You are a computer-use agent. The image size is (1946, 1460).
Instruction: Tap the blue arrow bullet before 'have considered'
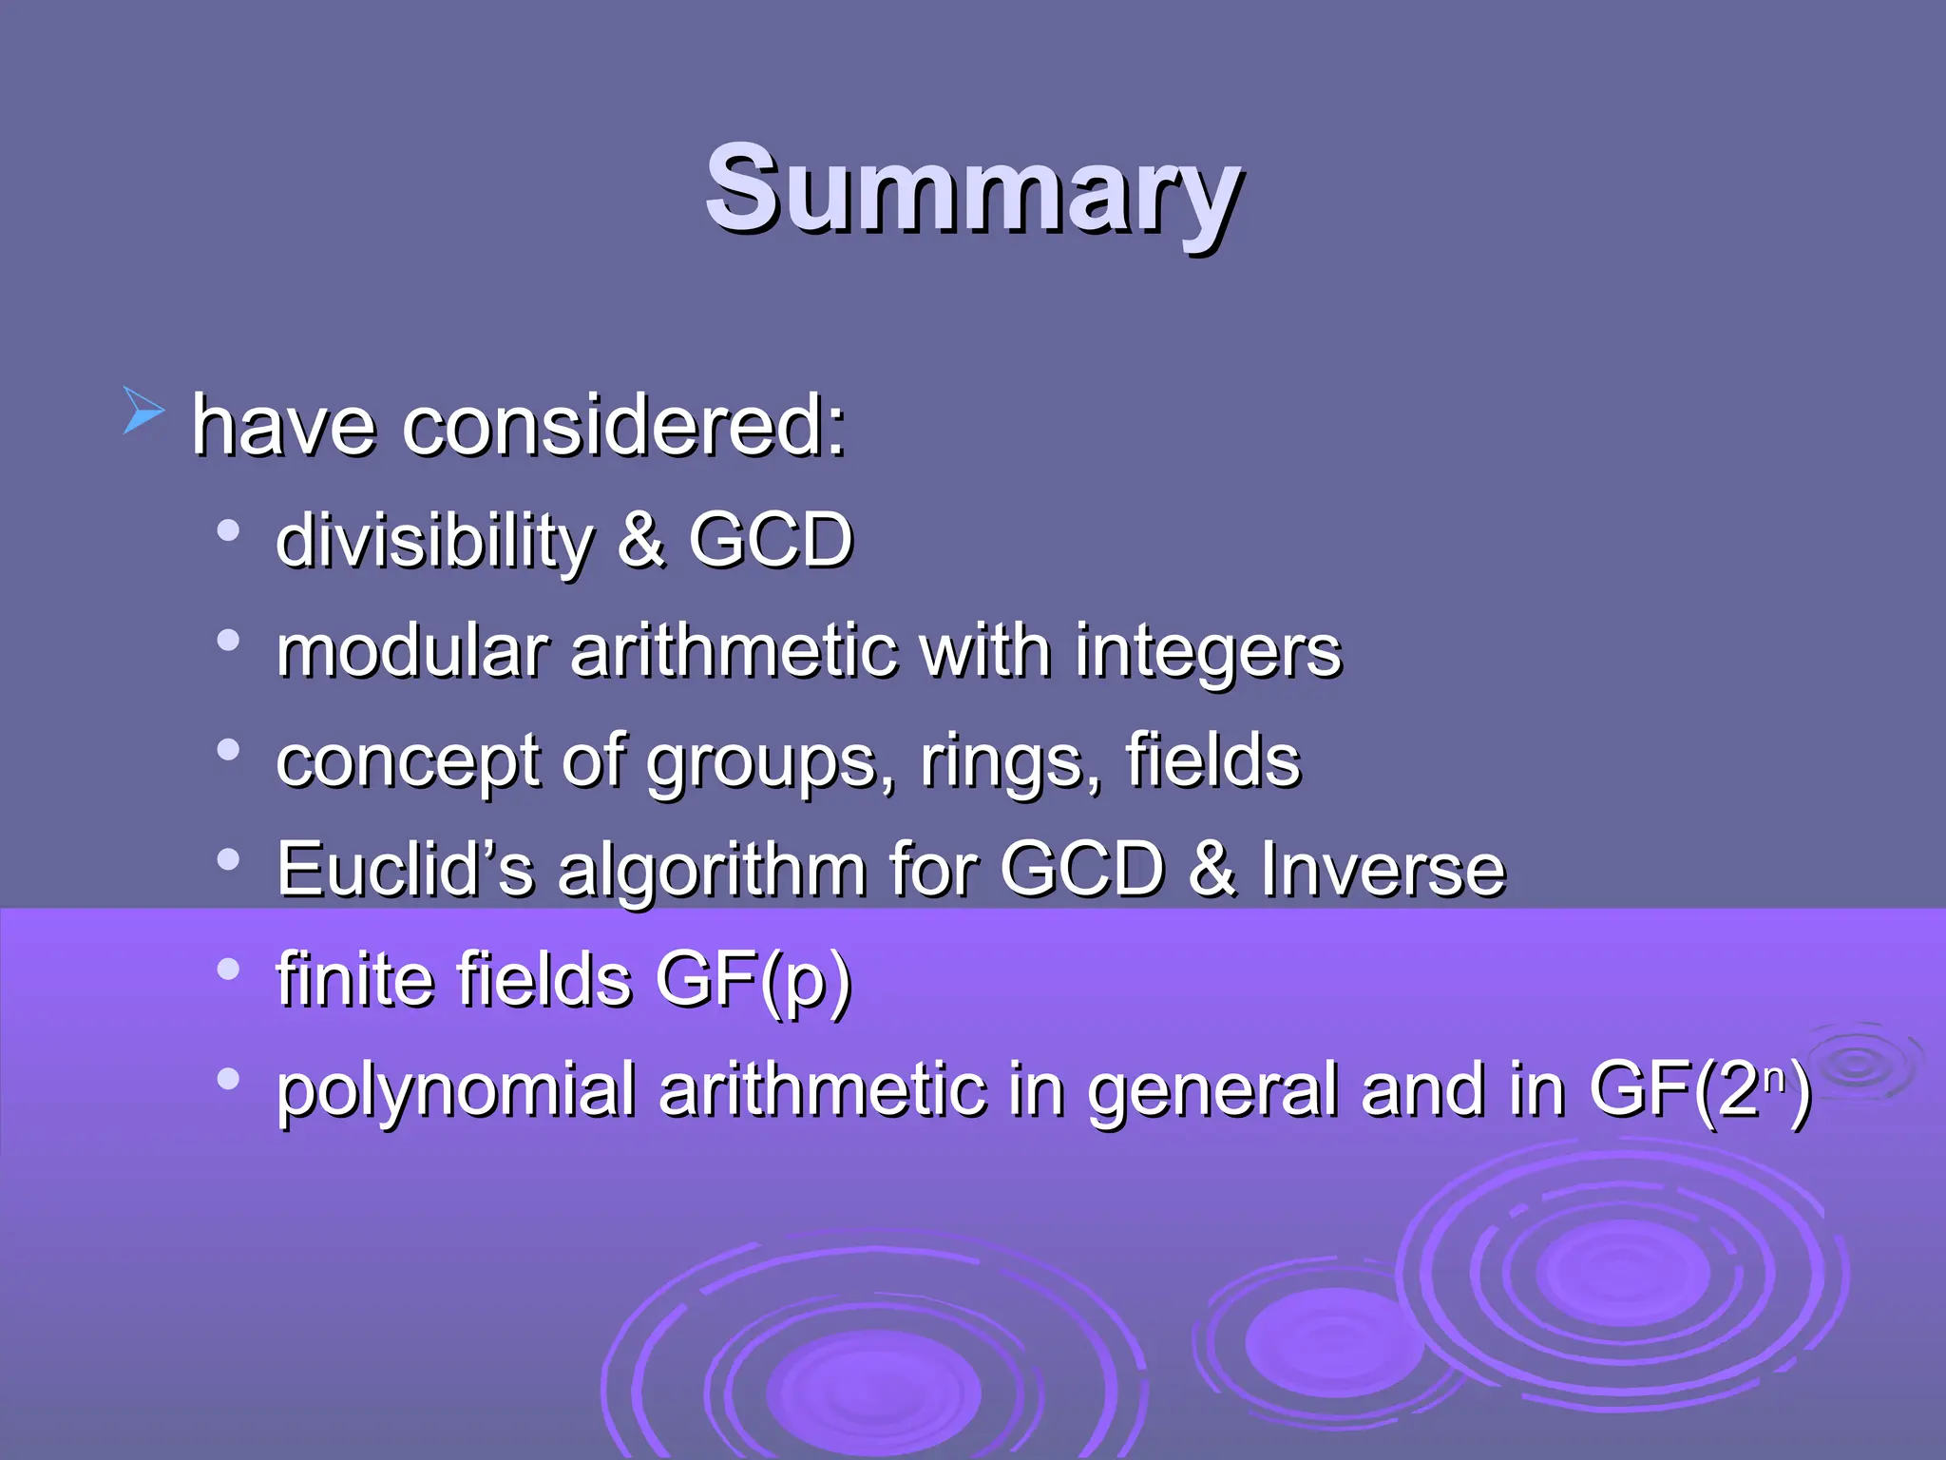point(143,410)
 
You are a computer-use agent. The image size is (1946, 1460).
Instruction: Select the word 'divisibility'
point(433,540)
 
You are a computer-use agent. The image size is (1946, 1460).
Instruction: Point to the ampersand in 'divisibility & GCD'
point(640,540)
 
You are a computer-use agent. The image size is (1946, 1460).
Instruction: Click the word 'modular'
point(411,651)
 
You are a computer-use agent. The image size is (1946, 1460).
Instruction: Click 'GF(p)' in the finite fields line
point(753,979)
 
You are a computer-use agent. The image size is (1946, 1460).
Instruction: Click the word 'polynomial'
point(455,1090)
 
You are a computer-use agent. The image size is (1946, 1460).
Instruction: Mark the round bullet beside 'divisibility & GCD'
point(228,529)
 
